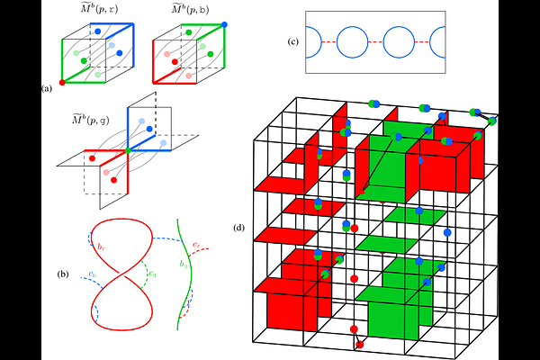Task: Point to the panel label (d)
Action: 238,227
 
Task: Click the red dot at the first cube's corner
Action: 62,83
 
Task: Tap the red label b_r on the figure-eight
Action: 103,245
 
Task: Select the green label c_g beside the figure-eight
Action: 153,273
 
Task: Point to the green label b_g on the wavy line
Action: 184,265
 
